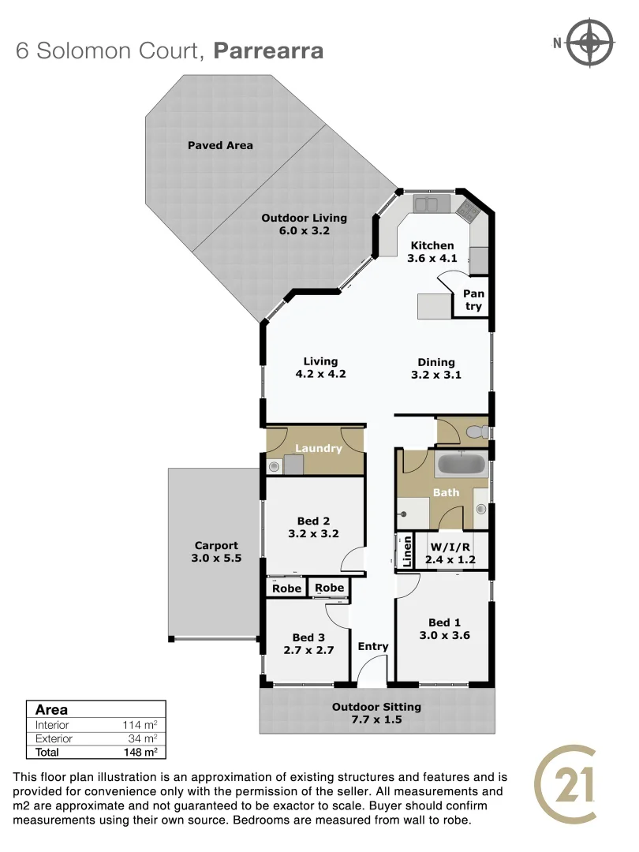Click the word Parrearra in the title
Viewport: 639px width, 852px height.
[x=268, y=51]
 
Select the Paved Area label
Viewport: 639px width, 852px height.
[x=220, y=145]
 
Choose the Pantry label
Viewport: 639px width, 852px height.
[x=473, y=300]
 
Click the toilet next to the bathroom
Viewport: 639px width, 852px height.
[x=475, y=432]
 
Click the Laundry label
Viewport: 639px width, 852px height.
[x=319, y=448]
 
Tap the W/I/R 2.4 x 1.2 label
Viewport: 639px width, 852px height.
[x=450, y=553]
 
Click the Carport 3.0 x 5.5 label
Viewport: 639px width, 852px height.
[x=216, y=551]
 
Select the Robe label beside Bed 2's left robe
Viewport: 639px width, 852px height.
[x=286, y=589]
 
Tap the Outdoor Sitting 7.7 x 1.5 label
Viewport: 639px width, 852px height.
[x=376, y=713]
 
